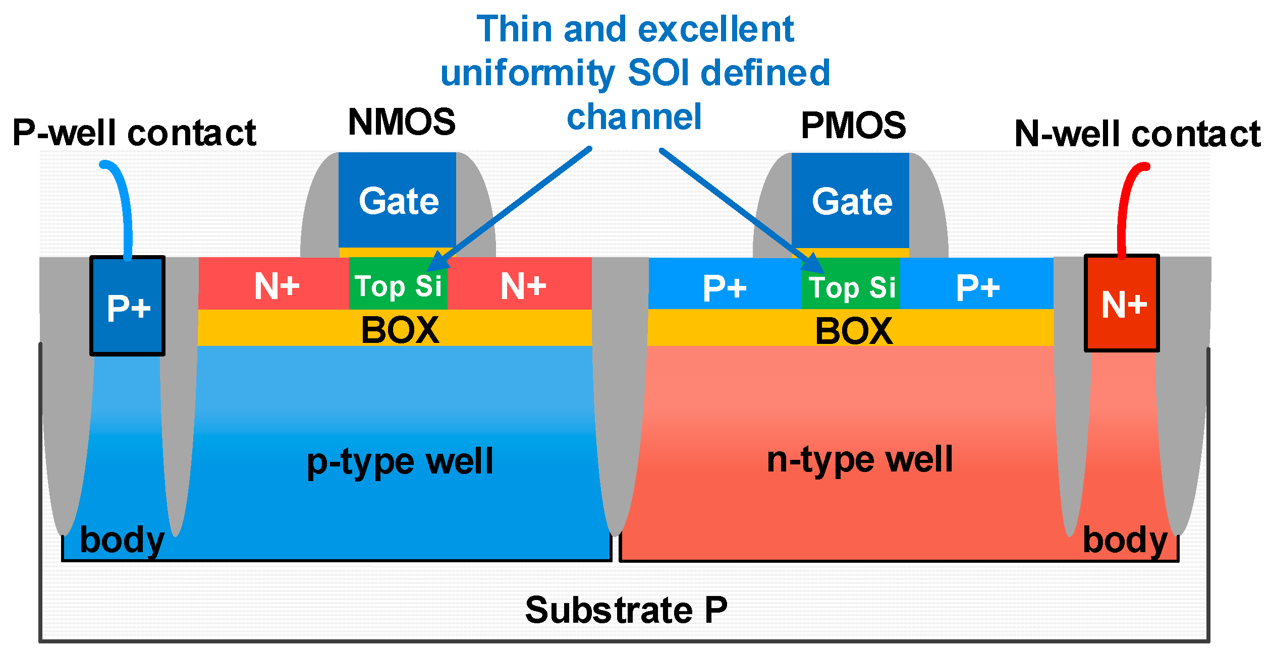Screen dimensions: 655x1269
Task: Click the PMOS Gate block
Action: pyautogui.click(x=850, y=200)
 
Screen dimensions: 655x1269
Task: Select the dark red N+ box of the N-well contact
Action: pyautogui.click(x=1122, y=304)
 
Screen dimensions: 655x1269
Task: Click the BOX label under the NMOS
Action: pyautogui.click(x=400, y=330)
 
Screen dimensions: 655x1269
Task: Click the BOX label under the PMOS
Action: pyautogui.click(x=854, y=331)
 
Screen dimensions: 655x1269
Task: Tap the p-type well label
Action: pyautogui.click(x=400, y=461)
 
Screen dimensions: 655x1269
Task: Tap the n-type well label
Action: pyautogui.click(x=859, y=459)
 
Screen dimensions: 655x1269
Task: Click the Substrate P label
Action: pyautogui.click(x=626, y=610)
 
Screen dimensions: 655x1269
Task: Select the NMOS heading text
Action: pyautogui.click(x=402, y=122)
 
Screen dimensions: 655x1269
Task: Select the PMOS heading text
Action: pyautogui.click(x=853, y=125)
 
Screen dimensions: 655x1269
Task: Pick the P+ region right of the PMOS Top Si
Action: pyautogui.click(x=977, y=287)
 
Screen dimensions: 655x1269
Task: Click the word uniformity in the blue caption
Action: pyautogui.click(x=527, y=73)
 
